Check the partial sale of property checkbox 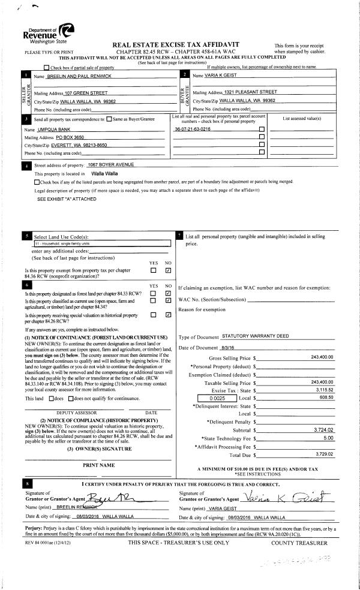[46, 67]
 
